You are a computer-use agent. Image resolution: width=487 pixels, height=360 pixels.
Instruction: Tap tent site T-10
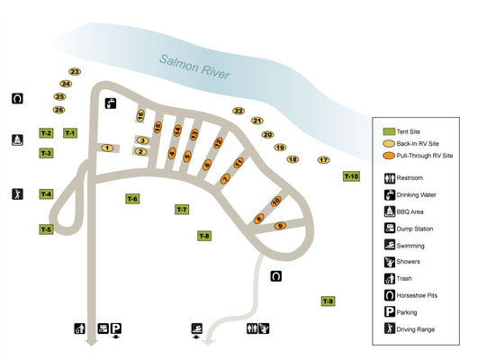tap(351, 176)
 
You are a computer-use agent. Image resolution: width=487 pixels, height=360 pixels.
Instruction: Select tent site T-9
tap(328, 301)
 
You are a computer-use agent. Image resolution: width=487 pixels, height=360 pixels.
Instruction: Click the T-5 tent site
tap(46, 229)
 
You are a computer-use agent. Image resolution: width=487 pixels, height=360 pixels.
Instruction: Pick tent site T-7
tap(182, 210)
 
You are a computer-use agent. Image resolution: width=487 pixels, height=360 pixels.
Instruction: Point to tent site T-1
tap(70, 133)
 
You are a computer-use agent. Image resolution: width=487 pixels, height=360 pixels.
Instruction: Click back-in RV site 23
tap(74, 71)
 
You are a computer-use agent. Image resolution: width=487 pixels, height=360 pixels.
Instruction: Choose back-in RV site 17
tap(323, 160)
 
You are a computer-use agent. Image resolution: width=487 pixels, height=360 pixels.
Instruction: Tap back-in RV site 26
tap(59, 110)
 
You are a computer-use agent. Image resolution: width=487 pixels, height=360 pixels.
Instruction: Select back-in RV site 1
tap(107, 148)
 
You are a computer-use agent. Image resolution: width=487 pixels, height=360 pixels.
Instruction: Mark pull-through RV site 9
tap(280, 225)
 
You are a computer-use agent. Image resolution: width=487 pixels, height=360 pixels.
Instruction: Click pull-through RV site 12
tap(218, 143)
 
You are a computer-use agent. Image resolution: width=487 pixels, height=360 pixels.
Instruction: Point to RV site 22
tap(239, 111)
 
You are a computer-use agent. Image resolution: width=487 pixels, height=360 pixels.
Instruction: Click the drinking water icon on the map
tap(110, 103)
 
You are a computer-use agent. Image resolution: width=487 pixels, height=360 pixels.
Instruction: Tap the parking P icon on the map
tap(116, 328)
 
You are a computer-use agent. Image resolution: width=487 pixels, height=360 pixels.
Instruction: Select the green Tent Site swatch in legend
tap(389, 131)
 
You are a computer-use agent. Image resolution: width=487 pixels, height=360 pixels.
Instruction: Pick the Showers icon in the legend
tap(389, 262)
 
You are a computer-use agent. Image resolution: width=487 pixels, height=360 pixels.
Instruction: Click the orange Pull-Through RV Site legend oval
tap(389, 156)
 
